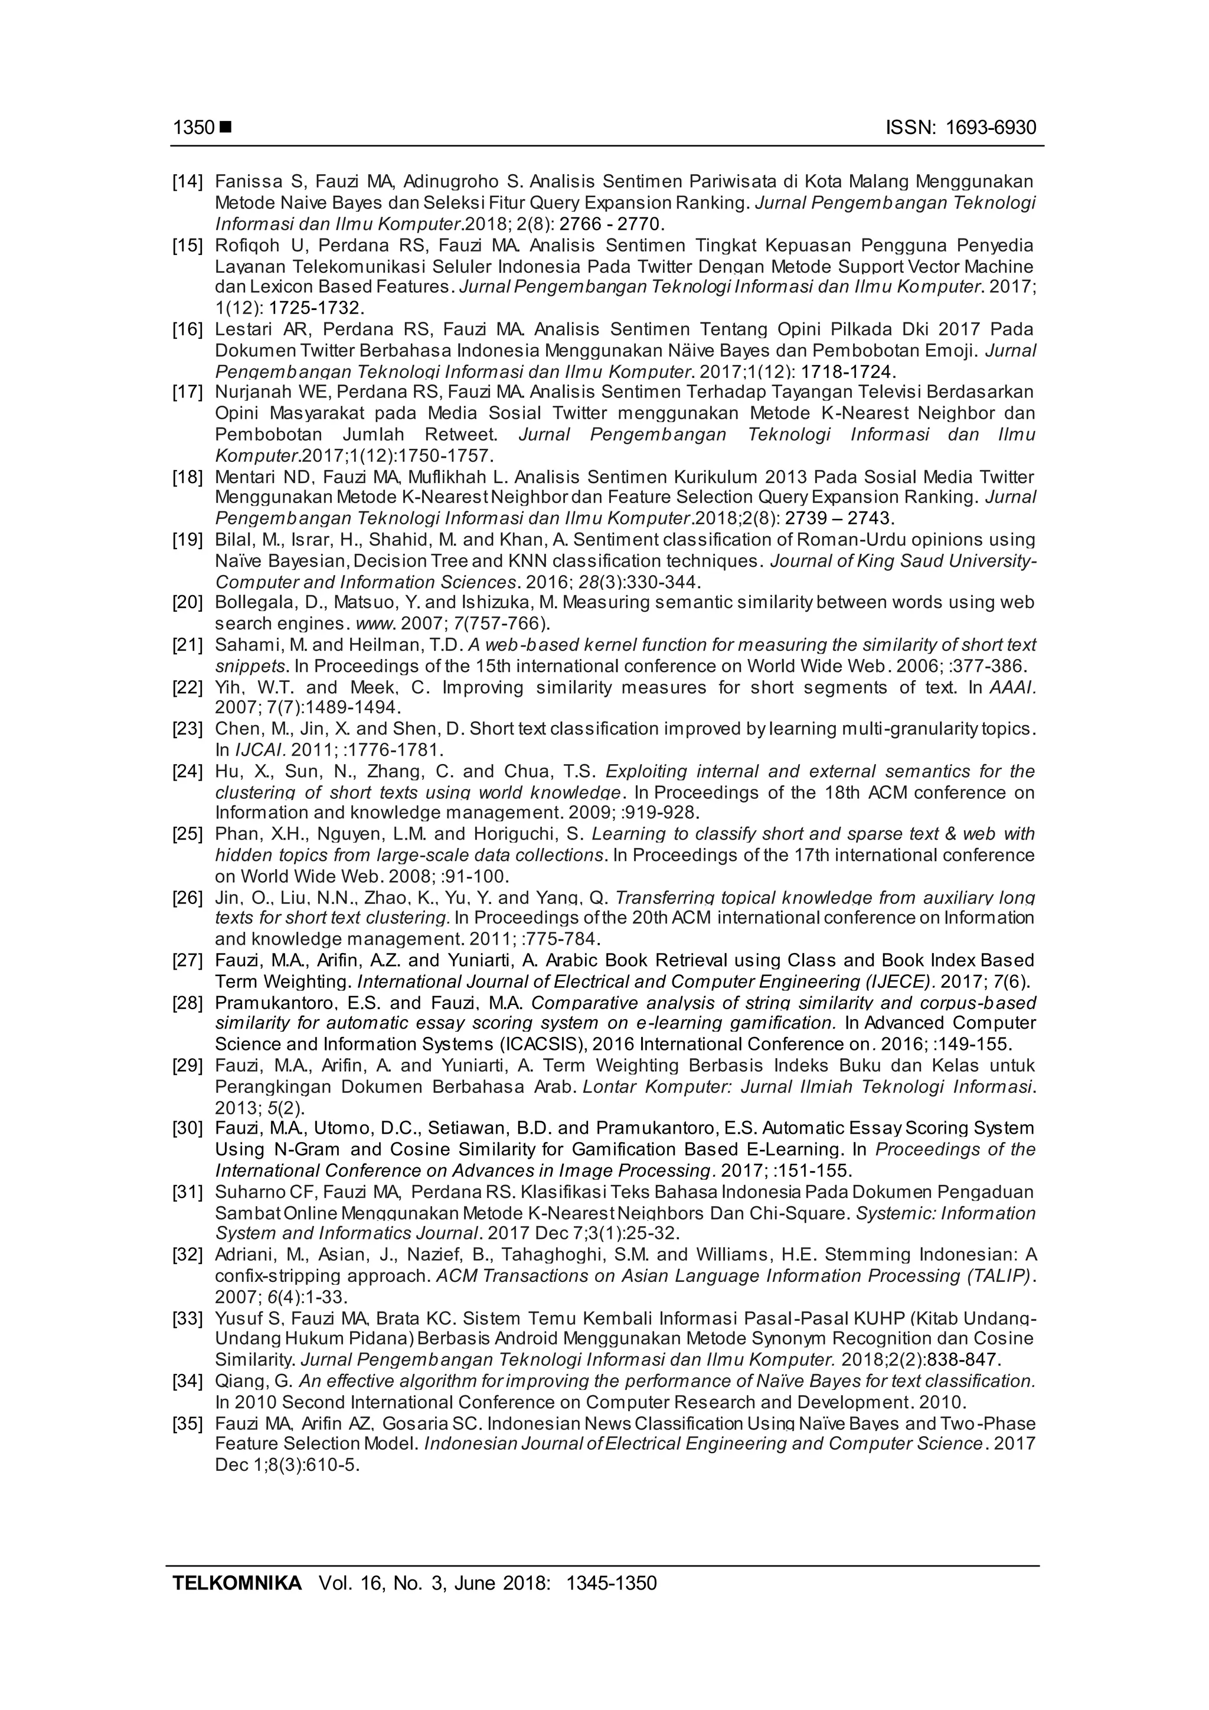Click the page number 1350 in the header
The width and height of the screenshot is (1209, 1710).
tap(194, 128)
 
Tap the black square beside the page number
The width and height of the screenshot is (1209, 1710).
tap(226, 128)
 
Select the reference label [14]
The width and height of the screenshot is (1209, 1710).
tap(188, 181)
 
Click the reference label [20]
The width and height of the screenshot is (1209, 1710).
tap(188, 602)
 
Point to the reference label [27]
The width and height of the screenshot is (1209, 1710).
tap(188, 961)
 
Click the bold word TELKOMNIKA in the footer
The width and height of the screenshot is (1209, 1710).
tap(237, 1582)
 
